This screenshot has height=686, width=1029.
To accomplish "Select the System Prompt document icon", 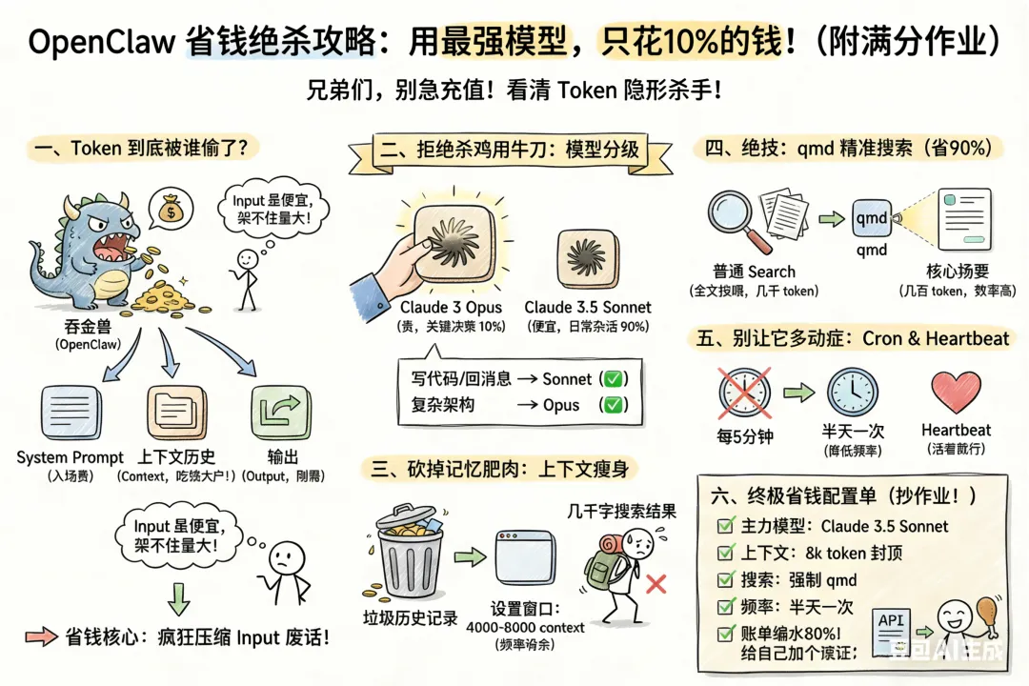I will pyautogui.click(x=71, y=411).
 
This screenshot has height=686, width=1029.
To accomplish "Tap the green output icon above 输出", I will pyautogui.click(x=279, y=411).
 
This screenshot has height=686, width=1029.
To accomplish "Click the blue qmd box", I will pyautogui.click(x=872, y=219).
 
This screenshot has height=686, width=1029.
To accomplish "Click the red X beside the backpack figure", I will pyautogui.click(x=656, y=583).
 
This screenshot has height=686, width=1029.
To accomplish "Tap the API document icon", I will pyautogui.click(x=891, y=624).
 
